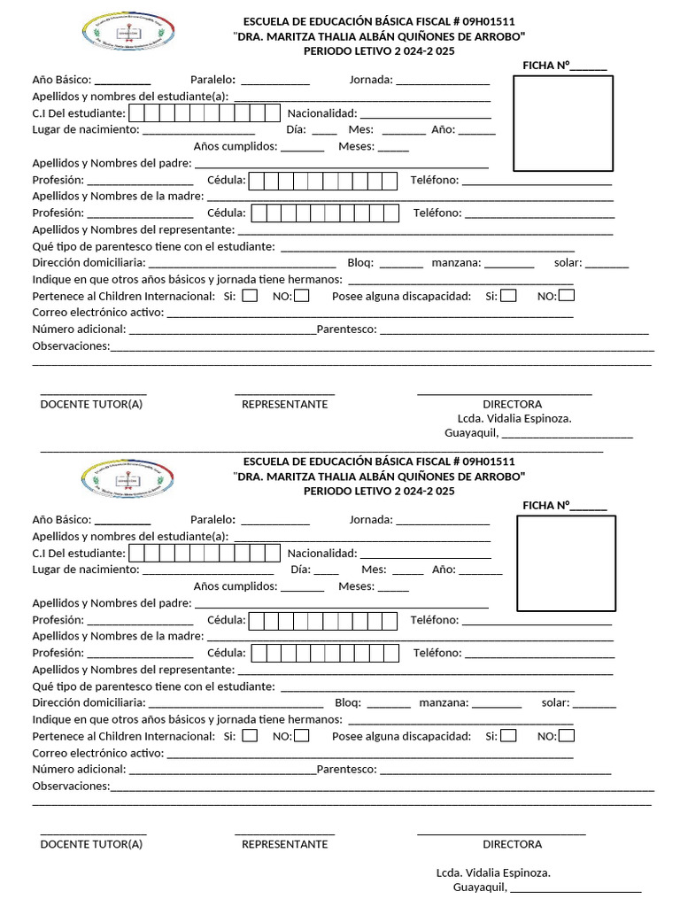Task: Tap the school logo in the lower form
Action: point(132,477)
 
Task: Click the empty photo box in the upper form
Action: point(565,123)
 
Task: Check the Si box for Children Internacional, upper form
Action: point(250,296)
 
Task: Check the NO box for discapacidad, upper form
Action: point(567,296)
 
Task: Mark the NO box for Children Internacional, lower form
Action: point(302,735)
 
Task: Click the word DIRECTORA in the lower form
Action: point(512,844)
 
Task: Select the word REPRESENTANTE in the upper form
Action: point(284,404)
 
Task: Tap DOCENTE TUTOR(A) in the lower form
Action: point(91,844)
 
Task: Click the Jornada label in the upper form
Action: point(371,80)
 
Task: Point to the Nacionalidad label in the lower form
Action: point(322,553)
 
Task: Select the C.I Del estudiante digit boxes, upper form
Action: point(204,113)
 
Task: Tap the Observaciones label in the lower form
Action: point(71,786)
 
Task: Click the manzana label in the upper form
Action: point(456,263)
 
